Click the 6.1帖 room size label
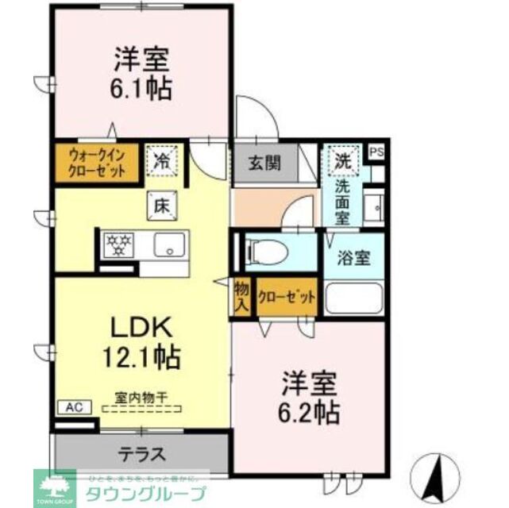(143, 88)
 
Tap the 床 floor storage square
(159, 205)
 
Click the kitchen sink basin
(168, 245)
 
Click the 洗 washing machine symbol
(342, 160)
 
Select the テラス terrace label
(142, 454)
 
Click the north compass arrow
(437, 476)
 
